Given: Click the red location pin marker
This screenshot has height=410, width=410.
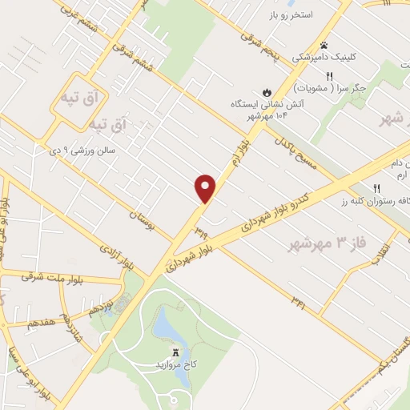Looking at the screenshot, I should point(206,188).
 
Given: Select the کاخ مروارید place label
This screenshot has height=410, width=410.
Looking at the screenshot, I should point(177,365).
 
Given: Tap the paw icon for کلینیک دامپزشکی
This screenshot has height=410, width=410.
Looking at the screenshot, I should point(324,46).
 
